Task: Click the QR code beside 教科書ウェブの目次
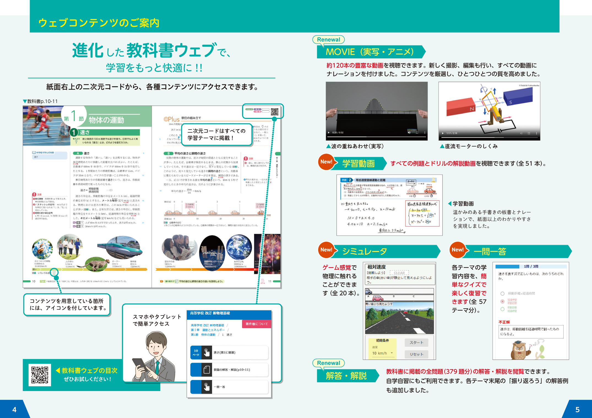(40, 375)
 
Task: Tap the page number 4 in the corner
(14, 409)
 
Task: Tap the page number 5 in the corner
(577, 409)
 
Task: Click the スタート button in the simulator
(416, 343)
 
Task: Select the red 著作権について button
(256, 324)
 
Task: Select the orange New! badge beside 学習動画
(326, 162)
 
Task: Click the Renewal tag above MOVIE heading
(328, 40)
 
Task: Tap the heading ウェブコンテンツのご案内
(99, 23)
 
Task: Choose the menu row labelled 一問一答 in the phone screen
(229, 387)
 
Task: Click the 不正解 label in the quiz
(504, 322)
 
